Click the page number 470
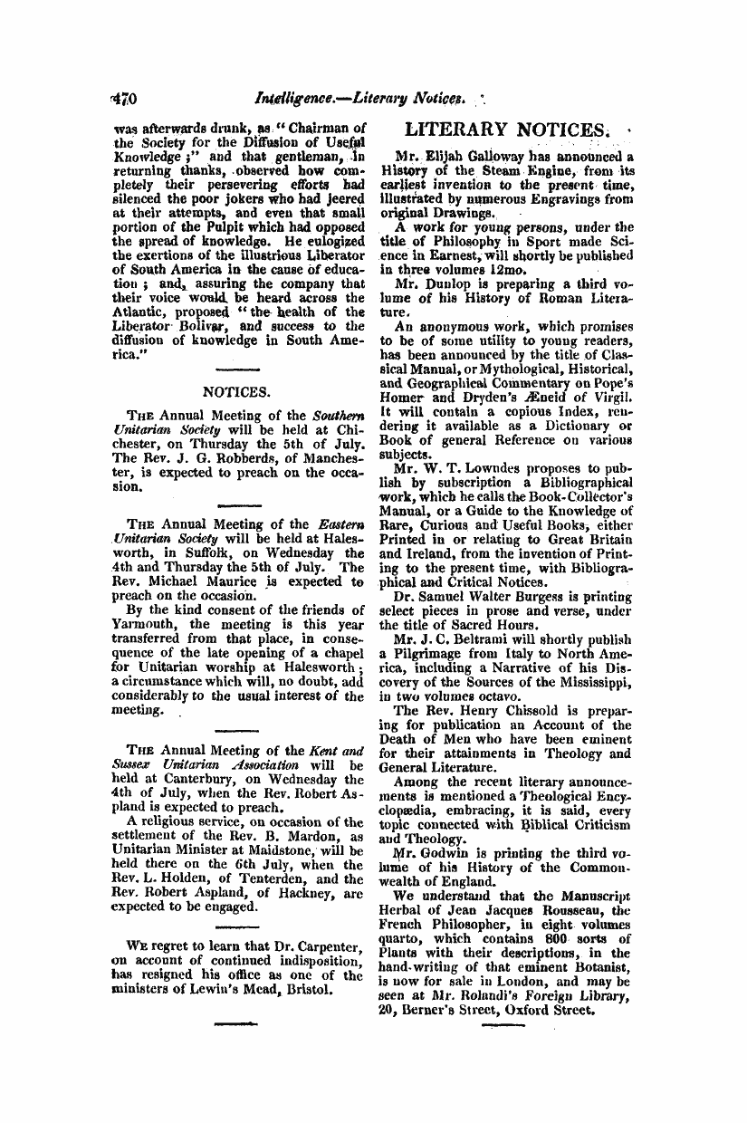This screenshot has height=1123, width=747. (121, 93)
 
